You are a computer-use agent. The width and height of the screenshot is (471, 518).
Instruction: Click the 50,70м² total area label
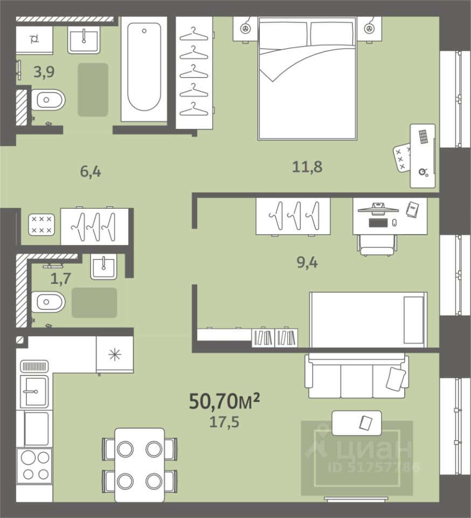click(224, 401)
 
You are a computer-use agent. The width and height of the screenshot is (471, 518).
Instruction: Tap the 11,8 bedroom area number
click(307, 167)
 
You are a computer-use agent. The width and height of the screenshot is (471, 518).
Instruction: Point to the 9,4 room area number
click(307, 263)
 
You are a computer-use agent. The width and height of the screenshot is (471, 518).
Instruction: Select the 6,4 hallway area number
click(91, 172)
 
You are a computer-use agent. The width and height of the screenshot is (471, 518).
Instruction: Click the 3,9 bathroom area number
click(44, 72)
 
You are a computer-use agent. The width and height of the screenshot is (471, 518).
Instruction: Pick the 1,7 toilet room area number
click(61, 278)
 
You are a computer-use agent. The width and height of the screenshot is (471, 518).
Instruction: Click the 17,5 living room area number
click(224, 422)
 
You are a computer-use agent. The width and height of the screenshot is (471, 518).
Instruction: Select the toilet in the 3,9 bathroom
click(48, 99)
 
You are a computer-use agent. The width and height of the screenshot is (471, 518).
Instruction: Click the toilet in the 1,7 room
click(48, 302)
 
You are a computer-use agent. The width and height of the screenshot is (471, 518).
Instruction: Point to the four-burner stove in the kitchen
click(34, 466)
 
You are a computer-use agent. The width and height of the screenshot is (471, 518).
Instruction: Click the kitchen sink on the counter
click(34, 392)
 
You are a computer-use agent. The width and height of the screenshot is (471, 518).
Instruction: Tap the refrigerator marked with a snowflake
click(115, 355)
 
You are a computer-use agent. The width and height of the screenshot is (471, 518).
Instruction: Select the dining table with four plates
click(140, 465)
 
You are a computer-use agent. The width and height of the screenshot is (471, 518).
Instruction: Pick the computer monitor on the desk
click(378, 209)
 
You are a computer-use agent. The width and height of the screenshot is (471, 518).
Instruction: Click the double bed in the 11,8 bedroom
click(307, 78)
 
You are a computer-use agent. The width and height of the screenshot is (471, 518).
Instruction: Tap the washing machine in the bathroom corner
click(34, 40)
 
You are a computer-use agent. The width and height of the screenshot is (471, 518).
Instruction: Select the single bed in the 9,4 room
click(369, 320)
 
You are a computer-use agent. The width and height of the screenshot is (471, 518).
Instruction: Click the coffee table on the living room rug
click(357, 423)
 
